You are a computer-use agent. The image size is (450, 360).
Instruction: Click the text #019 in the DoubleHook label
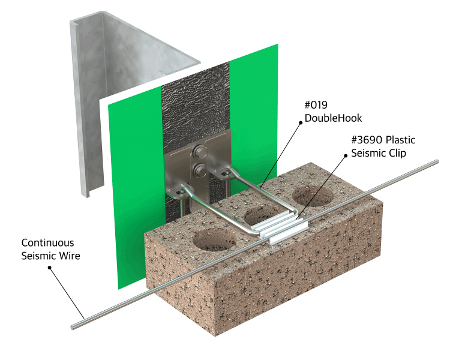[316, 105]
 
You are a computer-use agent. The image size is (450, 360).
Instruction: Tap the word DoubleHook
[333, 118]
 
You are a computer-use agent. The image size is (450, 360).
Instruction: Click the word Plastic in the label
[401, 140]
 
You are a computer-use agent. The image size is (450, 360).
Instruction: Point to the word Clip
[397, 153]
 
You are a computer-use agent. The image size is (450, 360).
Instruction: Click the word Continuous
[47, 243]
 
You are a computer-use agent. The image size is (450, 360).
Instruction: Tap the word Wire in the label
[70, 256]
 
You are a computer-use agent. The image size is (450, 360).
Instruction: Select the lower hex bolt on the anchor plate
[199, 170]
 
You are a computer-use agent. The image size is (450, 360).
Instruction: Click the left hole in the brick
[214, 240]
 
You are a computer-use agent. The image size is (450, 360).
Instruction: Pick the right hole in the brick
[313, 196]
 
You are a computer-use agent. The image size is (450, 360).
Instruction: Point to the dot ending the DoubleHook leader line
[301, 122]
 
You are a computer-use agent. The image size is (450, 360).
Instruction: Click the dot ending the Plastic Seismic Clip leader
[346, 155]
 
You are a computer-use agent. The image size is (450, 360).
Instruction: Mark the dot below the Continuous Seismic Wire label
[49, 268]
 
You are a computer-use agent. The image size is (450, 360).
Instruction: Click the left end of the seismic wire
[73, 327]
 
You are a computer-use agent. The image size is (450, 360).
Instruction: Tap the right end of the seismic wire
[437, 162]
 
